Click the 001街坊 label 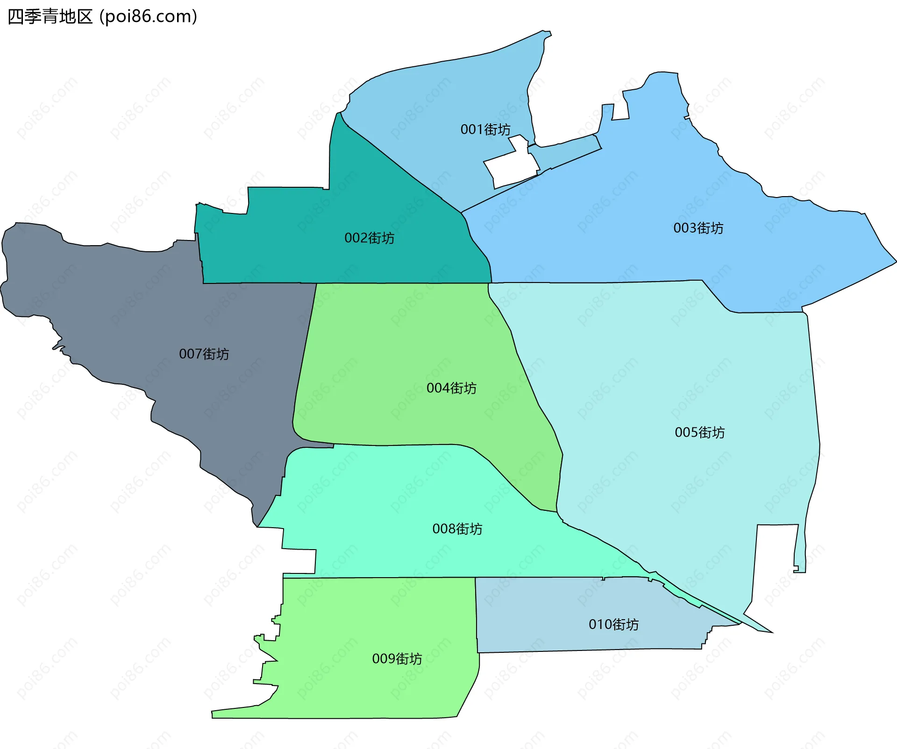coord(485,129)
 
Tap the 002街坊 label coord(369,238)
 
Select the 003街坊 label coord(698,228)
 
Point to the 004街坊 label coord(451,388)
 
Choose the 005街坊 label coord(699,432)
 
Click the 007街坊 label coord(204,354)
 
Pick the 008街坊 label coord(457,529)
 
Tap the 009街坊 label coord(397,659)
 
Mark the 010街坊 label coord(613,624)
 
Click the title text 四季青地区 coord(50,17)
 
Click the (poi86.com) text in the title coord(149,17)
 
